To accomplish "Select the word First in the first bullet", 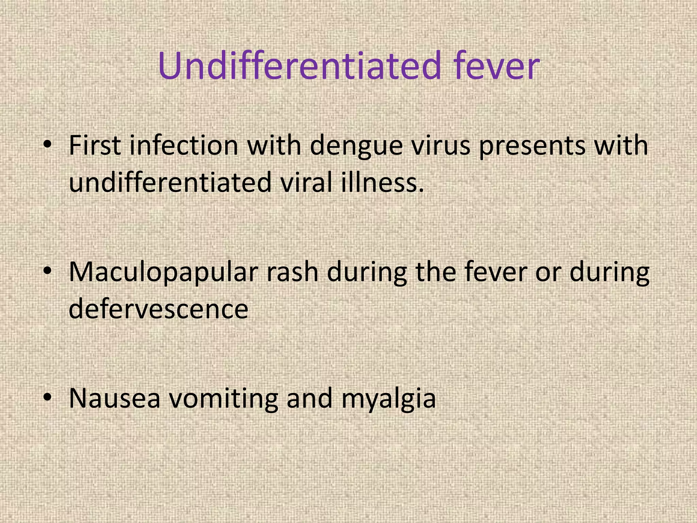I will [94, 145].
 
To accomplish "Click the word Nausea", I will [114, 398].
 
